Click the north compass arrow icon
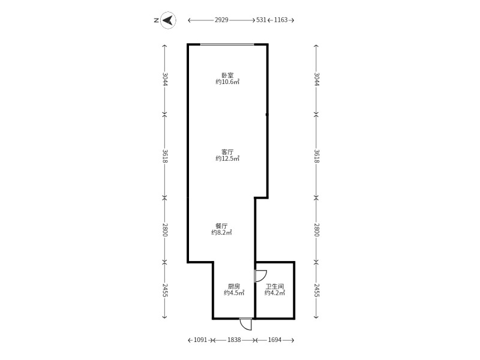click(168, 20)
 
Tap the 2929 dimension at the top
click(221, 20)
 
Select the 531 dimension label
click(261, 20)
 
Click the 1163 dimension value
click(281, 20)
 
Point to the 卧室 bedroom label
click(227, 75)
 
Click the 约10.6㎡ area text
click(227, 82)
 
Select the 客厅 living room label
click(227, 152)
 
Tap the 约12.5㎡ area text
click(227, 158)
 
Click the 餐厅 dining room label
click(221, 226)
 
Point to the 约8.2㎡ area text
click(221, 233)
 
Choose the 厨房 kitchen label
click(234, 286)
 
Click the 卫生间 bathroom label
click(275, 286)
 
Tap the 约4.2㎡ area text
click(275, 293)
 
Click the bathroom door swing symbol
click(260, 276)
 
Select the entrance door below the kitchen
click(246, 324)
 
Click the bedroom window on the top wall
click(227, 44)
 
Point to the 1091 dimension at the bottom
click(200, 340)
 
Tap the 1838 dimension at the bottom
click(234, 340)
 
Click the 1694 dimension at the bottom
click(275, 340)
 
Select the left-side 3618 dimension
click(164, 156)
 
